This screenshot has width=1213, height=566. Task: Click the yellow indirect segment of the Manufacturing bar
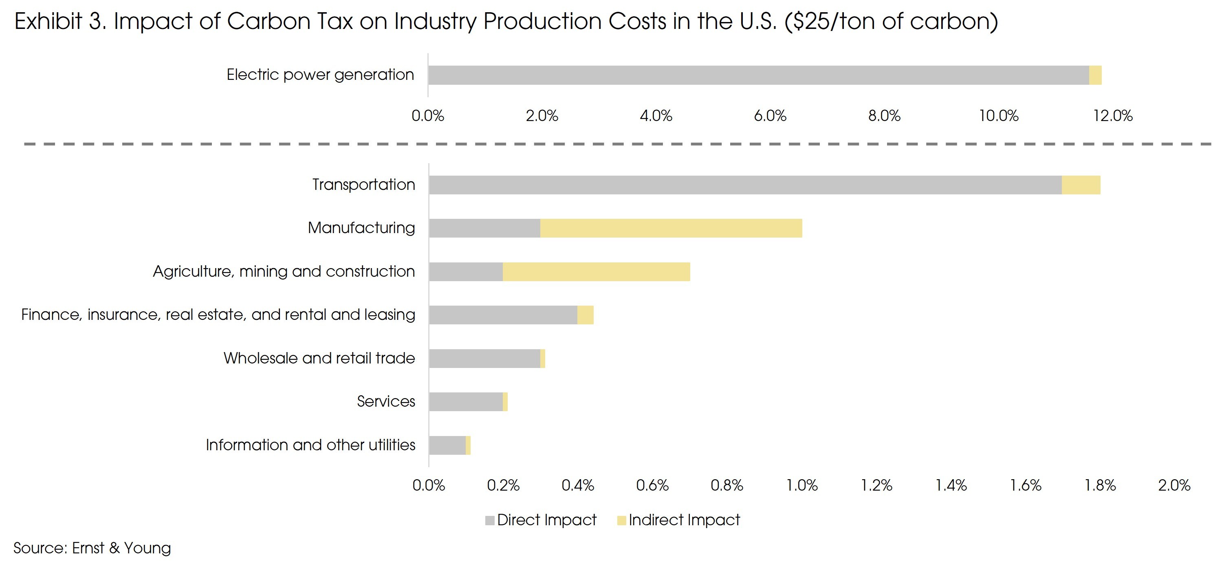671,228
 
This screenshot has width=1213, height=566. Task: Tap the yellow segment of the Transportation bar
1081,185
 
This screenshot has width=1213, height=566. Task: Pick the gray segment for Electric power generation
758,75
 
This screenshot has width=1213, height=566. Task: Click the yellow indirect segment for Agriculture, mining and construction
596,272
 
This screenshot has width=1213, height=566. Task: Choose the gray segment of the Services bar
466,402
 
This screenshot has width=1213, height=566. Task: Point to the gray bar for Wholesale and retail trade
484,358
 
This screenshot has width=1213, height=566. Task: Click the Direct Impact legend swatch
490,520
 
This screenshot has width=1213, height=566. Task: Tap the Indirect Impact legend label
684,520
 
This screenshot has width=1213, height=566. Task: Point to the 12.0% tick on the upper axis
1113,116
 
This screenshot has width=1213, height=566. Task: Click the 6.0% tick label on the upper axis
770,116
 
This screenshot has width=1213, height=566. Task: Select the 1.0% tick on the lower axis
802,485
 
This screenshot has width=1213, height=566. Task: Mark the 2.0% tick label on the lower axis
1174,485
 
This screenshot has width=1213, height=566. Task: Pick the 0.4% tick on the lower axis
578,485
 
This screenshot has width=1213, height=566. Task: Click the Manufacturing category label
361,228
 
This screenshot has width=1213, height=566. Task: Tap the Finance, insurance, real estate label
218,315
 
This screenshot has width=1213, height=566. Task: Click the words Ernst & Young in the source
121,548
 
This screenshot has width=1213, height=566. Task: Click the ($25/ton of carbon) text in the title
891,22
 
